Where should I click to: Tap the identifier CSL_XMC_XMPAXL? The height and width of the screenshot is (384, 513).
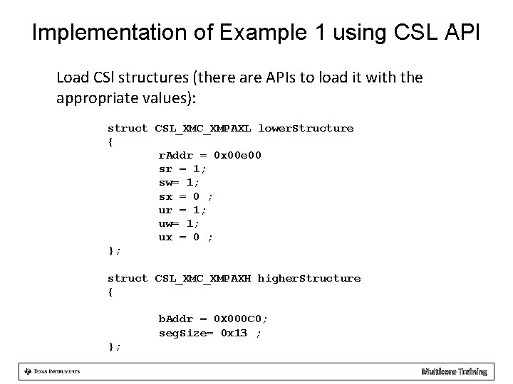(203, 128)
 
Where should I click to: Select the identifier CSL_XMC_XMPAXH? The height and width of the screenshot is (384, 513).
(203, 278)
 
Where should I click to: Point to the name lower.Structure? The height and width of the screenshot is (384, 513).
(306, 128)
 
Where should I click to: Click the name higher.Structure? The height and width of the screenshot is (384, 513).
(309, 278)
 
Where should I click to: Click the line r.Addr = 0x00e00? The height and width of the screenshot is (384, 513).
(209, 155)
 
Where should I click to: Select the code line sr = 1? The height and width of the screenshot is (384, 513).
(182, 169)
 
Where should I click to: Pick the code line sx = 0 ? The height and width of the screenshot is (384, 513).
(185, 196)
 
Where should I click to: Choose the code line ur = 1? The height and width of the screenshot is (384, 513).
(182, 210)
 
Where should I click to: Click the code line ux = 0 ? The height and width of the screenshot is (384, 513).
(185, 237)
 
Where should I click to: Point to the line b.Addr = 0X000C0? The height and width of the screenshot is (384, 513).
(213, 319)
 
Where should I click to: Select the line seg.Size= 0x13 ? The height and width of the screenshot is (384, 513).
(209, 333)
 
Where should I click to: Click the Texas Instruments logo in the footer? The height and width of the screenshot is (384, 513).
(51, 371)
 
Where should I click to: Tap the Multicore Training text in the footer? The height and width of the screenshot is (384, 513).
(454, 371)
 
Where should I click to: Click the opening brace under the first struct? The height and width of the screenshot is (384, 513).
(110, 142)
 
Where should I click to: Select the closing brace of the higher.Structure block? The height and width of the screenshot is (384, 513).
(113, 346)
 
